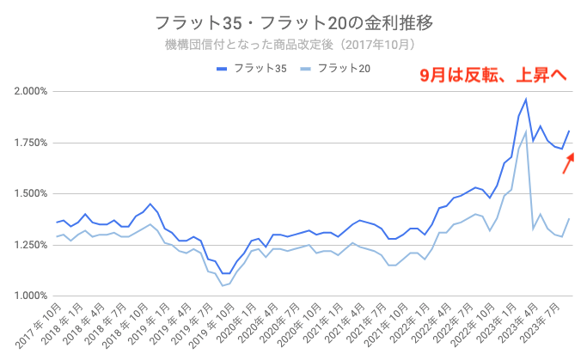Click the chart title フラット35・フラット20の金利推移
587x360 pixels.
[292, 21]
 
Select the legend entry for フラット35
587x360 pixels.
[252, 69]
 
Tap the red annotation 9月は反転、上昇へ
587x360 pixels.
[492, 76]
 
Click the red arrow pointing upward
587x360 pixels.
[569, 162]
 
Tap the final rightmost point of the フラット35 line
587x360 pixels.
[569, 131]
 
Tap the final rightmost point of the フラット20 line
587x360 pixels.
[569, 218]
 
